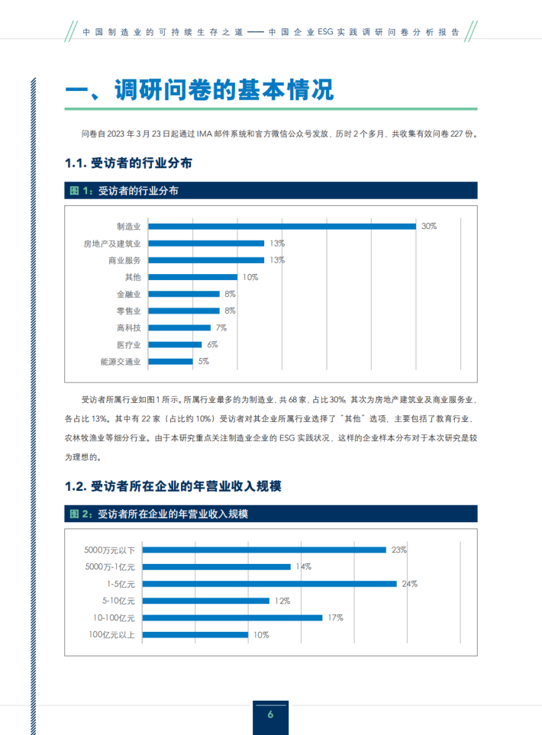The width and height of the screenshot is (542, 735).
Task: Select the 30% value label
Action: coord(428,227)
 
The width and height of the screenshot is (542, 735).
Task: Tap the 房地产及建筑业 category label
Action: coord(112,243)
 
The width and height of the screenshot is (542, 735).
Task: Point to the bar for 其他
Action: coord(193,277)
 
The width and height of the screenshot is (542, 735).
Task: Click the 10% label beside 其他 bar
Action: coord(250,277)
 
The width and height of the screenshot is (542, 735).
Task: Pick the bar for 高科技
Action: coord(179,327)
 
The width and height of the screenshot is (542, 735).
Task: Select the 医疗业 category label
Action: coord(128,344)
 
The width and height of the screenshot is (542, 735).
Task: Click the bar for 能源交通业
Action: coord(170,361)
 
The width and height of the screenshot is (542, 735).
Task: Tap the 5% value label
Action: coord(203,361)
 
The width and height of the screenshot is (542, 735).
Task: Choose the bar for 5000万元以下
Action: coord(265,550)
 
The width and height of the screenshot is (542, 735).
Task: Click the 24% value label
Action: coord(410,584)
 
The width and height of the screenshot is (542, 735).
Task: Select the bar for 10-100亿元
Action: coord(233,617)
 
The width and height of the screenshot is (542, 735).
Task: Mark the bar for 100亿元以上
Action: coord(195,634)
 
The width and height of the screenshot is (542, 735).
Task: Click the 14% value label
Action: coord(303,567)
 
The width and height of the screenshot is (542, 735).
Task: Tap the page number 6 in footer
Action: coord(270,714)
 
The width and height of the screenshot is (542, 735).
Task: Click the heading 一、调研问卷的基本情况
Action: coord(200,89)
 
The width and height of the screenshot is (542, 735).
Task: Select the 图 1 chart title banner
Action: coord(271,192)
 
